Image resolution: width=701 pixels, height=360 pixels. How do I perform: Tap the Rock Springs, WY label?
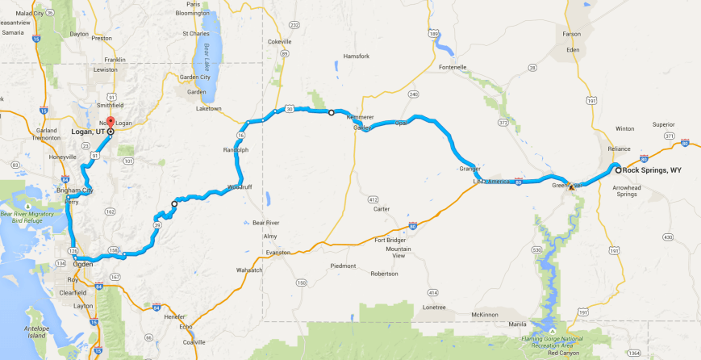click(x=653, y=170)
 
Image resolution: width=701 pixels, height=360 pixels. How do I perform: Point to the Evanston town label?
click(x=277, y=253)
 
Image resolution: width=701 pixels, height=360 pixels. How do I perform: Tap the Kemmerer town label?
click(x=360, y=117)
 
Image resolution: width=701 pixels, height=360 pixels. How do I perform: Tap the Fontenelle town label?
click(x=452, y=67)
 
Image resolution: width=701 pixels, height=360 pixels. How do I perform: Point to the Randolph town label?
click(x=236, y=150)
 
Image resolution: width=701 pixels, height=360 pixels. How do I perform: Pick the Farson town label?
click(x=571, y=35)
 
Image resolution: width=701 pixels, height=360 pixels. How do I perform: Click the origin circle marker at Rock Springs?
click(x=619, y=170)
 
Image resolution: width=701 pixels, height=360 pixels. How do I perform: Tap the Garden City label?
click(x=194, y=77)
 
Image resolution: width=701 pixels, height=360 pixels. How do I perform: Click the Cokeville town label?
click(x=279, y=41)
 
